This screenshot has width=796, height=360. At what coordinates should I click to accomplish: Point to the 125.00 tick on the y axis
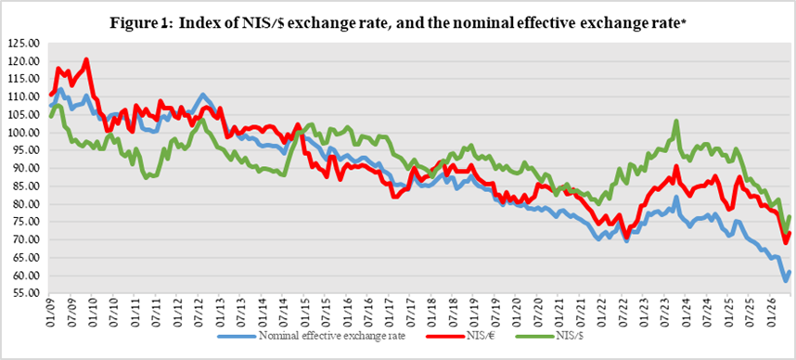pyautogui.click(x=25, y=44)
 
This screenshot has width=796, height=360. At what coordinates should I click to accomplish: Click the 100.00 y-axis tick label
pyautogui.click(x=25, y=133)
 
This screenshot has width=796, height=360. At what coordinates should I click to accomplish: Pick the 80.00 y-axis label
pyautogui.click(x=25, y=204)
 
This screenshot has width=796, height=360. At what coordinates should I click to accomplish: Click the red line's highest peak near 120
pyautogui.click(x=86, y=59)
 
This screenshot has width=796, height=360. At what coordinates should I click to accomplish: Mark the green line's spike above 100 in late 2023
pyautogui.click(x=676, y=121)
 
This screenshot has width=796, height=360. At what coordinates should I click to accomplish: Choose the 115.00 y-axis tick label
pyautogui.click(x=25, y=79)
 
